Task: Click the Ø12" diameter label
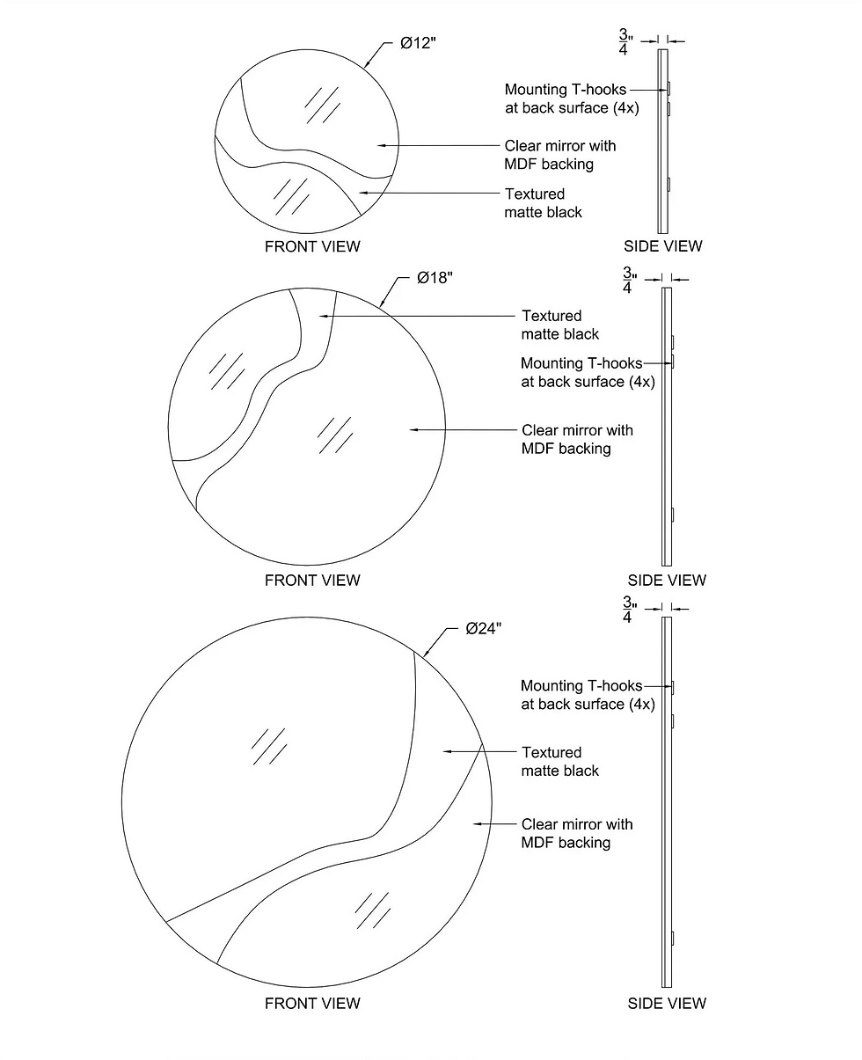(x=418, y=43)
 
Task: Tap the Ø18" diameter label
(x=435, y=278)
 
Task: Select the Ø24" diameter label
(x=483, y=629)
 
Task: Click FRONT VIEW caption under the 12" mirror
(x=312, y=246)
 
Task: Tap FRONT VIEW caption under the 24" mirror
(x=312, y=1004)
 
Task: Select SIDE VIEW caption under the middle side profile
(x=667, y=581)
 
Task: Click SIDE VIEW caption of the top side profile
(x=663, y=245)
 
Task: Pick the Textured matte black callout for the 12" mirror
(x=543, y=203)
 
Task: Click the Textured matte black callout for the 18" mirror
(x=560, y=325)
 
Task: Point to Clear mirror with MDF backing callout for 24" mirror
(x=577, y=833)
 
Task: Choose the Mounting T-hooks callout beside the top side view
(x=572, y=99)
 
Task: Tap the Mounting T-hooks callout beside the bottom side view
(x=588, y=695)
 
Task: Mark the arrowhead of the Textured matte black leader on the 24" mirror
(x=446, y=751)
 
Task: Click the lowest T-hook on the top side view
(x=669, y=184)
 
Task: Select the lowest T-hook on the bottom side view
(x=673, y=939)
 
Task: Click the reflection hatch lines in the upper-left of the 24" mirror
(x=269, y=747)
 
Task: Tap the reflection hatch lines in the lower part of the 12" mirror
(x=291, y=196)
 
